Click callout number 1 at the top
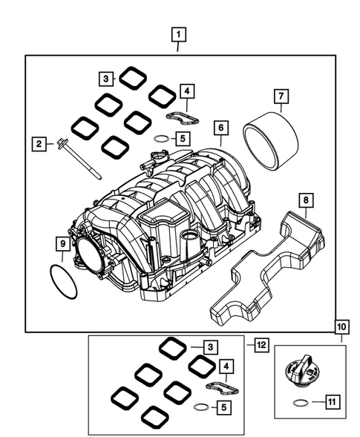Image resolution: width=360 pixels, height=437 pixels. click(x=178, y=33)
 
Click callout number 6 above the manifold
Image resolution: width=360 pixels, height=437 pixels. click(x=220, y=128)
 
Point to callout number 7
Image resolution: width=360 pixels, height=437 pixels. click(x=281, y=96)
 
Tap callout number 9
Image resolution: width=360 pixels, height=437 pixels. click(x=63, y=243)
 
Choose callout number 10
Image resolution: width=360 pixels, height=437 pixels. click(x=341, y=326)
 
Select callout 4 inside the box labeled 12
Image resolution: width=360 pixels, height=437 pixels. click(x=227, y=367)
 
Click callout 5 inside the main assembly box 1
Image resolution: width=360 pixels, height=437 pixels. click(x=182, y=138)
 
